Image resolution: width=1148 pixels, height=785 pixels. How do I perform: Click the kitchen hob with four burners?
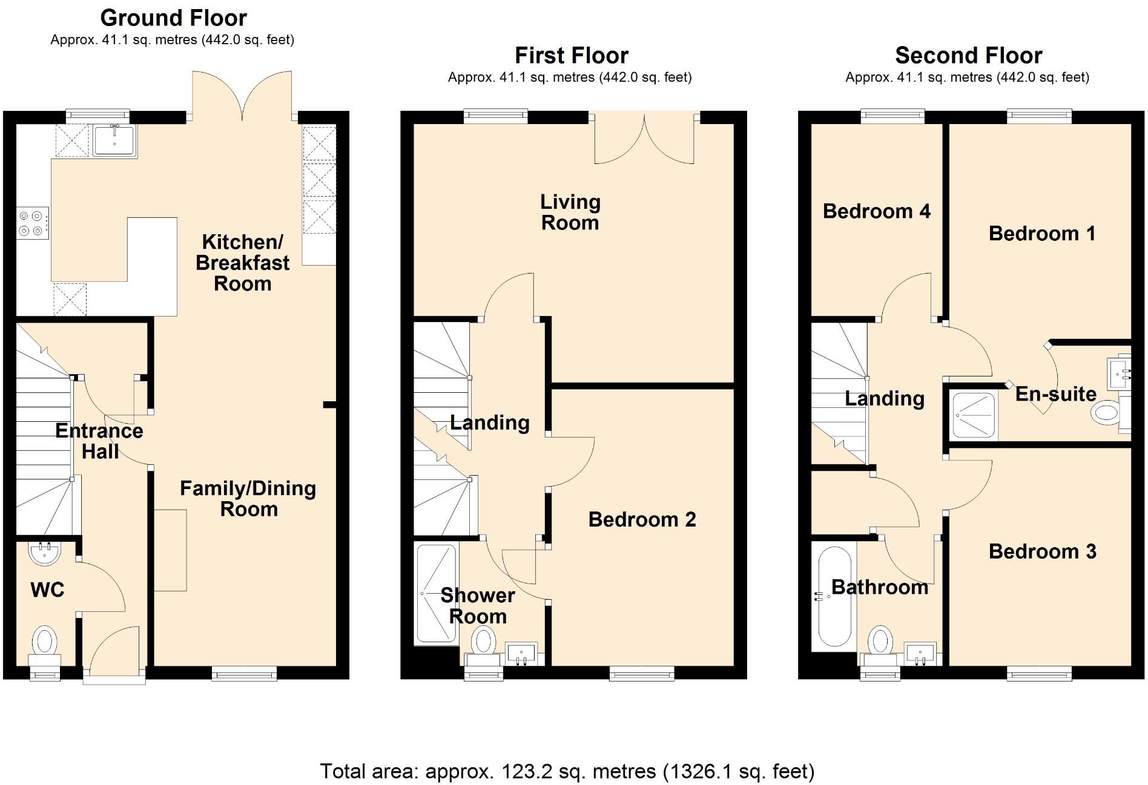coord(32,223)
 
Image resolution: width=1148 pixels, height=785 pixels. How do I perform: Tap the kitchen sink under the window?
coord(114,140)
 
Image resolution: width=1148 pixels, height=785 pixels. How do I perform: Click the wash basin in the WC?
coord(45,553)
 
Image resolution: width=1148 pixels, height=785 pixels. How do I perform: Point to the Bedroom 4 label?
coord(876,211)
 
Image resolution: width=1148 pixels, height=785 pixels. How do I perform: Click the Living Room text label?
coord(570,212)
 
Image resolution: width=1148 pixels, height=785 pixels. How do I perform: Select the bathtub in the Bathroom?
coord(835,597)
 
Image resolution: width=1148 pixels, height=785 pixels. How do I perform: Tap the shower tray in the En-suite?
coord(973,415)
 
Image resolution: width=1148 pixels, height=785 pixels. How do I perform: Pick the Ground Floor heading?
coord(173,18)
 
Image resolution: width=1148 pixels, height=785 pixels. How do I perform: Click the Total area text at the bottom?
coord(567,771)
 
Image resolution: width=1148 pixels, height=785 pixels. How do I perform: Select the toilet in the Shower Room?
coord(483,642)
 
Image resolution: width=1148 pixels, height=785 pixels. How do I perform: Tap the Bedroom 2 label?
coord(642,519)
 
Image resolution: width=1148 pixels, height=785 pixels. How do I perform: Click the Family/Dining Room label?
coord(248,499)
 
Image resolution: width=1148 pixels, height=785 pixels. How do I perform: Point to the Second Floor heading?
coord(968,56)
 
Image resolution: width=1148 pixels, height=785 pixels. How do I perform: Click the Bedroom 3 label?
coord(1042,551)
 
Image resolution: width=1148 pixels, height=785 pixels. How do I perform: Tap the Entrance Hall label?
coord(99,441)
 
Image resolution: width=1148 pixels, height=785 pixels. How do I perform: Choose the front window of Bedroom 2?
coord(642,672)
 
